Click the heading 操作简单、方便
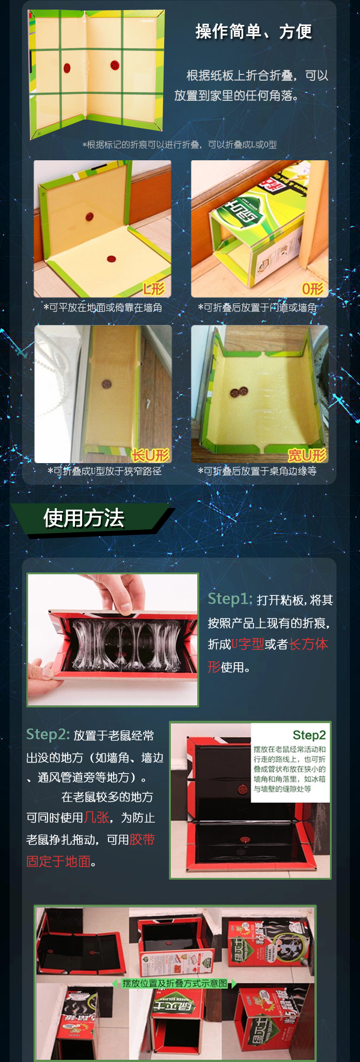point(253,32)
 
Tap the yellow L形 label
point(154,288)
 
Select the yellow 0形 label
point(312,288)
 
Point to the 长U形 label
point(151,454)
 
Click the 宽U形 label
point(307,454)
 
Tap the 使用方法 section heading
point(84,518)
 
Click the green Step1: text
point(230,599)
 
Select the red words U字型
point(248,644)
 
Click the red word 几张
point(96,817)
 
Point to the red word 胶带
point(142,839)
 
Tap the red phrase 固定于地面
point(58,861)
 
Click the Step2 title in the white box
point(309,735)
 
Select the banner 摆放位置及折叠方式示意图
point(175,983)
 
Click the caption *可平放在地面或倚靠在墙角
point(103,308)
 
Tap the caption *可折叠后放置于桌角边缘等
point(257,471)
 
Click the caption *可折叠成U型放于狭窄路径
point(105,471)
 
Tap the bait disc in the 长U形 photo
point(106,384)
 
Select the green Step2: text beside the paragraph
point(48,734)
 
